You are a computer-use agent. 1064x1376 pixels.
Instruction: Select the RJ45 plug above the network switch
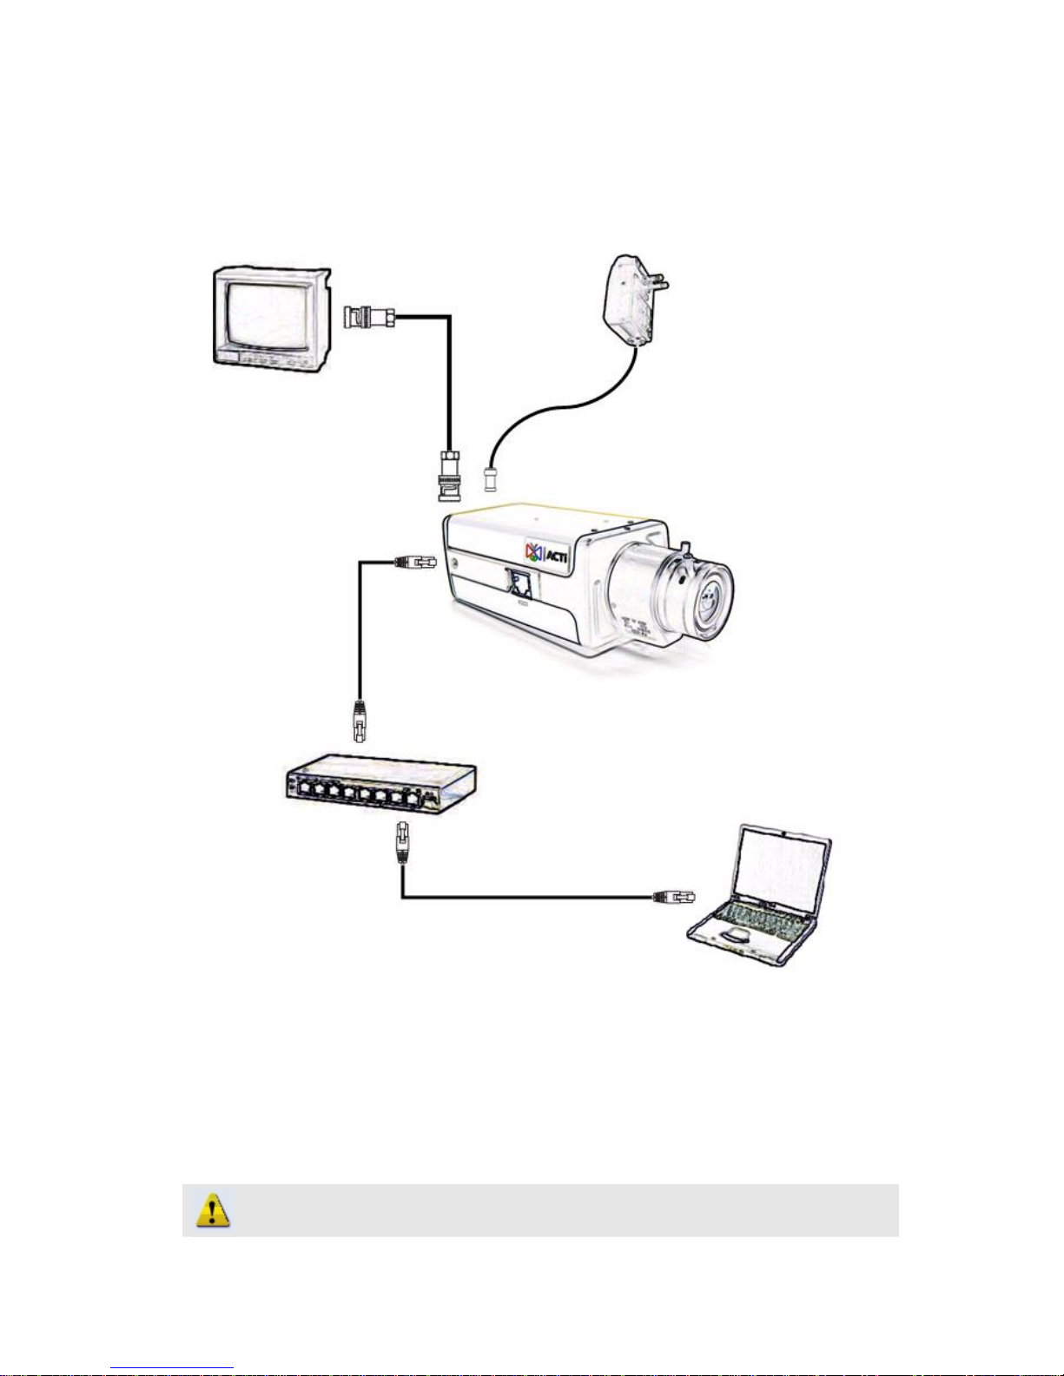359,721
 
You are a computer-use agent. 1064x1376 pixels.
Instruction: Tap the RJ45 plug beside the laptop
674,896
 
